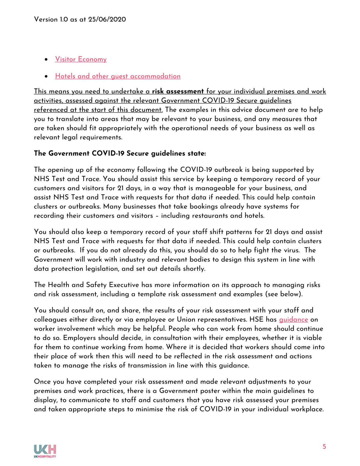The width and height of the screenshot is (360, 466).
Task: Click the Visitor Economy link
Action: click(81, 59)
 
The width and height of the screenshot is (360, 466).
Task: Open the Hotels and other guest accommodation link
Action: click(118, 76)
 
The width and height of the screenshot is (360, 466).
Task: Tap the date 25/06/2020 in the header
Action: click(107, 19)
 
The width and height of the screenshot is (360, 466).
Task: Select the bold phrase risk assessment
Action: click(178, 91)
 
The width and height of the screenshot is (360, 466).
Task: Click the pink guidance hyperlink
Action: click(293, 319)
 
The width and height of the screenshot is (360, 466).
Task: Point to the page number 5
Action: click(324, 447)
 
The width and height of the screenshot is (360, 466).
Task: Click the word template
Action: click(152, 294)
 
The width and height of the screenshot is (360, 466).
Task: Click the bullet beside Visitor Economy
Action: click(46, 59)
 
